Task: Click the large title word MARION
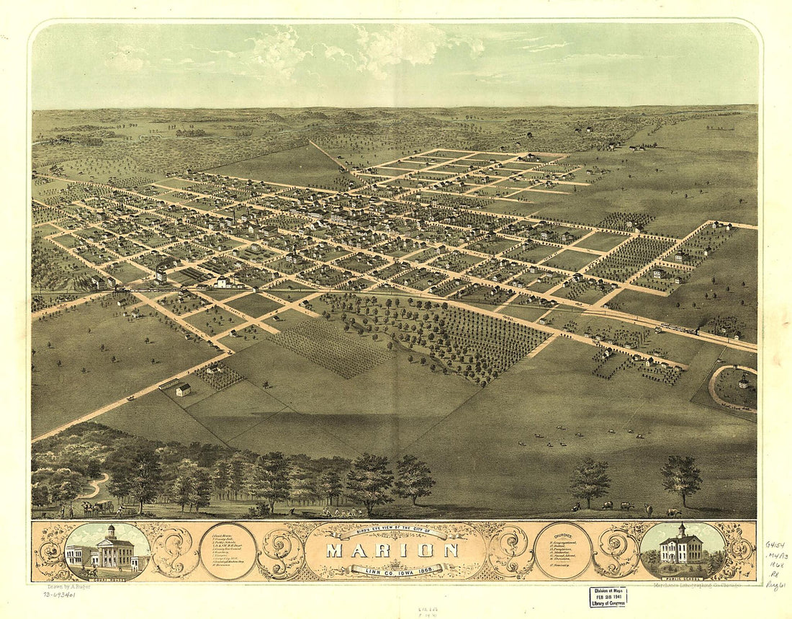(392, 551)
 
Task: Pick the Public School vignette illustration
(682, 551)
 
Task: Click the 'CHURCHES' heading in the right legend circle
(563, 534)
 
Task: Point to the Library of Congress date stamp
(608, 596)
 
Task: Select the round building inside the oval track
(742, 383)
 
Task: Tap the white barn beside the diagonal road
(183, 389)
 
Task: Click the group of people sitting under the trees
(338, 512)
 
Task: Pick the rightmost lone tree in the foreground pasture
(680, 479)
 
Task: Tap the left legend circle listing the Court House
(228, 551)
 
